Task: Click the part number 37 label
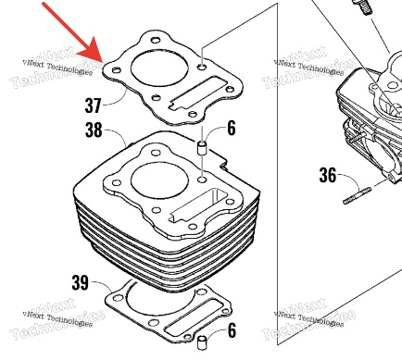coord(93,106)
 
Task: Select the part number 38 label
coord(94,130)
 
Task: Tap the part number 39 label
coord(81,282)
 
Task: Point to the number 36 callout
coord(328,175)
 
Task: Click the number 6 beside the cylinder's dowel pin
coord(232,128)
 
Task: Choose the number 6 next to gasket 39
coord(232,329)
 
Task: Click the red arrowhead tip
coord(102,63)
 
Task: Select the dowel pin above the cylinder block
coord(202,147)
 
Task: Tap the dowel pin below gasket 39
coord(201,341)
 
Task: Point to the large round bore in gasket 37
coord(159,68)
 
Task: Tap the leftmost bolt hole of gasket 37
coord(116,70)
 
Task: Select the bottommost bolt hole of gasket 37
coord(193,115)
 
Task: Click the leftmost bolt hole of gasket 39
coord(118,298)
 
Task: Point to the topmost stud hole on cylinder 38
coord(156,153)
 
